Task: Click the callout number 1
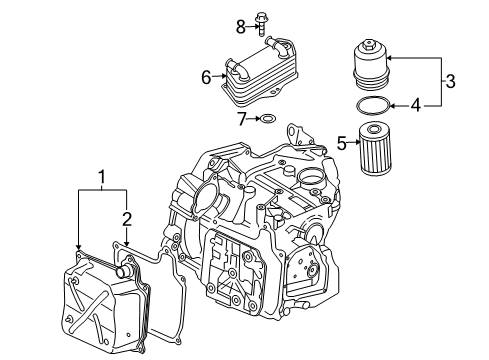tap(102, 177)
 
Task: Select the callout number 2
tap(127, 219)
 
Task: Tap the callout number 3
tap(450, 81)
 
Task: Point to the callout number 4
tap(416, 106)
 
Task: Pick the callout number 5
tap(342, 143)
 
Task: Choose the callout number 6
tap(206, 77)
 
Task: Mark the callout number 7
tap(242, 119)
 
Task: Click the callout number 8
tap(241, 27)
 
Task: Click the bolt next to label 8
tap(262, 23)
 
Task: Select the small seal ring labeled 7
tap(268, 118)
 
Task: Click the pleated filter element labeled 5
tap(375, 148)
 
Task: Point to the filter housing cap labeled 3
tap(371, 65)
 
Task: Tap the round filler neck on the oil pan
tap(124, 270)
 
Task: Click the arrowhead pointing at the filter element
tap(356, 142)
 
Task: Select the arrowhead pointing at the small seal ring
tap(258, 118)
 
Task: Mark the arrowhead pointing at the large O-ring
tap(394, 106)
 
